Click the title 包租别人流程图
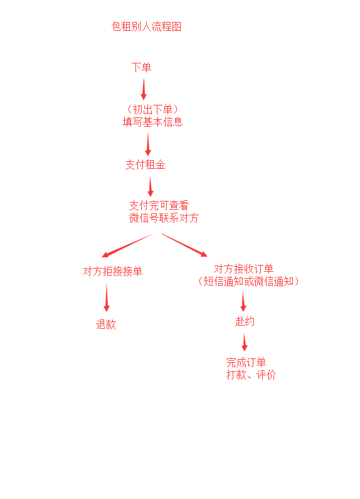click(146, 26)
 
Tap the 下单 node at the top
click(141, 67)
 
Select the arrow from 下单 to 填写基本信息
click(144, 89)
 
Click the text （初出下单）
click(152, 109)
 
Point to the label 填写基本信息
click(152, 122)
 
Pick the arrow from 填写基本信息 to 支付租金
click(148, 144)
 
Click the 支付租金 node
click(146, 165)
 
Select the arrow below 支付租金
click(151, 186)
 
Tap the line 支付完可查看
click(159, 206)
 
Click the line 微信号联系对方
click(164, 218)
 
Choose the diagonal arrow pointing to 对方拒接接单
click(127, 245)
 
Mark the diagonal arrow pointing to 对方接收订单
click(185, 245)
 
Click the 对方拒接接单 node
click(113, 271)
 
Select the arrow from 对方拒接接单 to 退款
click(107, 298)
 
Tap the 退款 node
click(106, 325)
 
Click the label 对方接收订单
click(244, 269)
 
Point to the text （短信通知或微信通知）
click(248, 281)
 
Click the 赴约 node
click(245, 322)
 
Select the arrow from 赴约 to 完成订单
click(244, 342)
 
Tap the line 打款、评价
click(251, 375)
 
